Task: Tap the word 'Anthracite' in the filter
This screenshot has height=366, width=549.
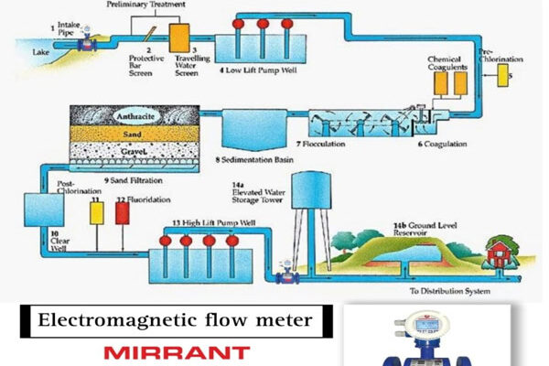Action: (x=138, y=116)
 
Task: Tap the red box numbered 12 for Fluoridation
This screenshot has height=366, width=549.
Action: (x=123, y=213)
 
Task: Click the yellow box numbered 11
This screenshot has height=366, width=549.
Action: (x=94, y=214)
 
